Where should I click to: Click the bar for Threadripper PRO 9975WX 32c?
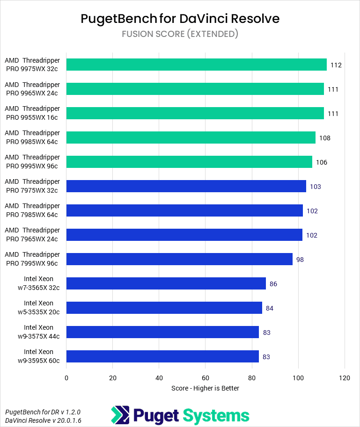point(197,65)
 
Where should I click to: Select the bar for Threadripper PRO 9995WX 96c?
point(189,162)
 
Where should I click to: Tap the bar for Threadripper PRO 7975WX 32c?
point(186,186)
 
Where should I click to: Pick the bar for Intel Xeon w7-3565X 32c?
point(166,283)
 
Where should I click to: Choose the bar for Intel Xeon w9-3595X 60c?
point(162,356)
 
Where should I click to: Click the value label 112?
point(336,65)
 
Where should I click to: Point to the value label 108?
point(325,138)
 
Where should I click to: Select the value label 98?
point(300,259)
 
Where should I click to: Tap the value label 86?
point(273,284)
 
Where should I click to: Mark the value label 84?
point(270,308)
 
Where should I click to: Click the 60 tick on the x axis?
point(206,378)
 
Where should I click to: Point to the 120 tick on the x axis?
point(345,378)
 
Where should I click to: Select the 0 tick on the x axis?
point(66,378)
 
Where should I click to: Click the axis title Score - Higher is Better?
point(206,388)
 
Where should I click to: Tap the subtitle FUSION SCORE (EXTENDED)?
point(180,34)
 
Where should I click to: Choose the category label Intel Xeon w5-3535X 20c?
point(39,308)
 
